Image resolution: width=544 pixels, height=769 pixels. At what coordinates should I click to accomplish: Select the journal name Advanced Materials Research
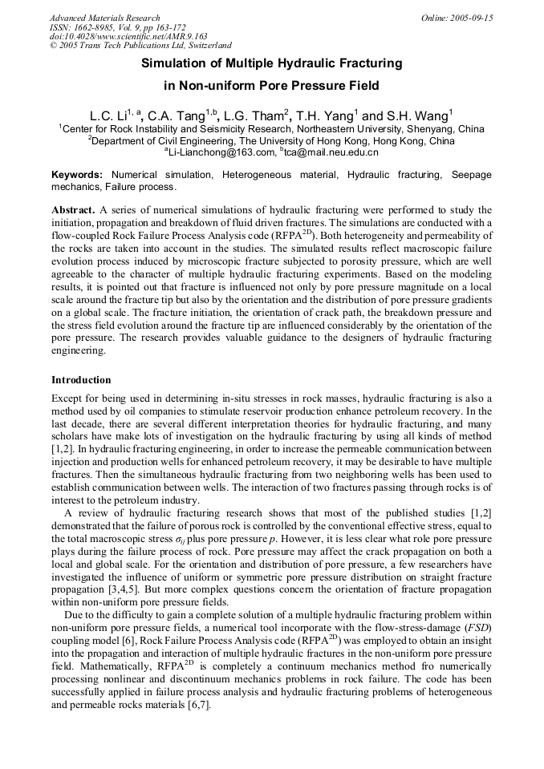[x=105, y=18]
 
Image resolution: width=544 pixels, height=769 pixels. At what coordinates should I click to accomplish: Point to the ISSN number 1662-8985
[x=93, y=27]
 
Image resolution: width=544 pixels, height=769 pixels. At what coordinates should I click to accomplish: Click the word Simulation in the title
[x=173, y=63]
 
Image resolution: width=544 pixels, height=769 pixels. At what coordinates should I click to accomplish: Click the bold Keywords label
[x=77, y=175]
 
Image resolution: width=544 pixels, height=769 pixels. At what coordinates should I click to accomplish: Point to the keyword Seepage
[x=471, y=175]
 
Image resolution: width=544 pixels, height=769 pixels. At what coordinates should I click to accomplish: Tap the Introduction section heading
[x=81, y=380]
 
